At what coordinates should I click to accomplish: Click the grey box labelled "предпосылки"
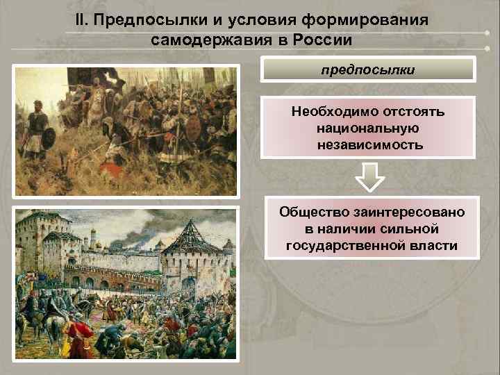369,70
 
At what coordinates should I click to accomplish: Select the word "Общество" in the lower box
309,212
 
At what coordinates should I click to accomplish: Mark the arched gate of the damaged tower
184,285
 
